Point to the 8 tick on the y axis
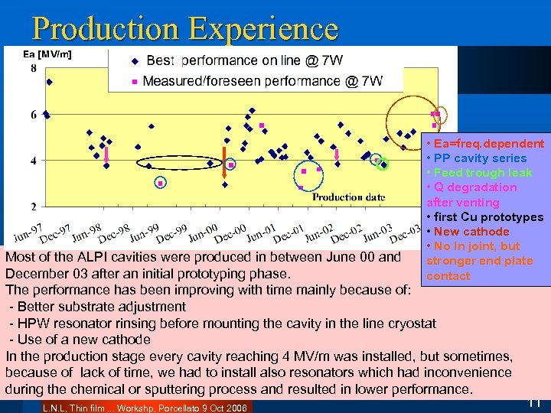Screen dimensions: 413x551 tap(33, 69)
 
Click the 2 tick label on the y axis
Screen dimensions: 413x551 tap(33, 206)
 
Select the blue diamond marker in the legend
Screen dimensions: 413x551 tap(135, 60)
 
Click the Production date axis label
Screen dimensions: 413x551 tap(348, 197)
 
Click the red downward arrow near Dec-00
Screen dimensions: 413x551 tap(225, 155)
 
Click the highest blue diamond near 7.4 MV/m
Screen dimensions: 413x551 tap(49, 82)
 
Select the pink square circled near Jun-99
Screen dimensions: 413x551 tap(161, 183)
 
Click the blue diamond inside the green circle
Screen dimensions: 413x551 tap(384, 164)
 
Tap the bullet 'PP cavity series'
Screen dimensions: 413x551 tap(480, 158)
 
